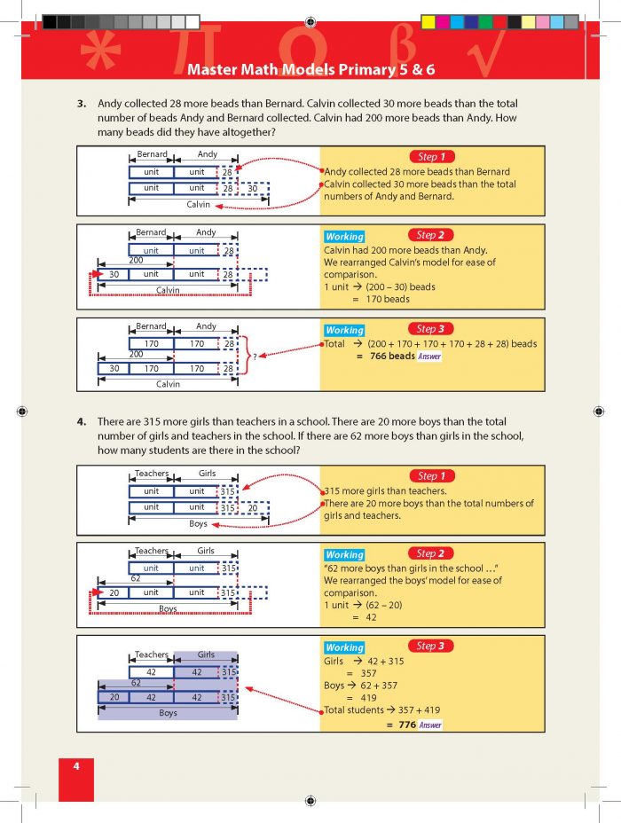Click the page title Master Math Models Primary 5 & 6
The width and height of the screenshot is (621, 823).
coord(310,68)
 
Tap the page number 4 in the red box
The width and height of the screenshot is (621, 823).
coord(76,766)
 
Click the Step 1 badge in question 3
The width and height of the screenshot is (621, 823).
coord(432,156)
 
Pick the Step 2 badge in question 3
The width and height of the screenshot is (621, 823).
coord(432,235)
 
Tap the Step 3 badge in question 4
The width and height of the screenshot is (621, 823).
coord(432,646)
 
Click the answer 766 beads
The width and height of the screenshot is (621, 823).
coord(391,356)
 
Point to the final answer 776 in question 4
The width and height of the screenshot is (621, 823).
coord(407,725)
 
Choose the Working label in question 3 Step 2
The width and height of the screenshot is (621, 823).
coord(344,237)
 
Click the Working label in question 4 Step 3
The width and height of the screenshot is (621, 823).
coord(344,647)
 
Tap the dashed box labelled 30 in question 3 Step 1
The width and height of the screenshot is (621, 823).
coord(252,188)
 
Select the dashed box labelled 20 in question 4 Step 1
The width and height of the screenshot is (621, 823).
coord(252,507)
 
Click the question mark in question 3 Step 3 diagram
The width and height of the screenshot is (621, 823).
coord(255,357)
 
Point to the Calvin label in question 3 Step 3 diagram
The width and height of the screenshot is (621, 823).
coord(168,384)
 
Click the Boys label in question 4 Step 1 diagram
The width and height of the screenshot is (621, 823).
coord(198,523)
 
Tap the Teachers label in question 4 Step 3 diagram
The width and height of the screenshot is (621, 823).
coord(152,654)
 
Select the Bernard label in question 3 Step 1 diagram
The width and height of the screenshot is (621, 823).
coord(151,155)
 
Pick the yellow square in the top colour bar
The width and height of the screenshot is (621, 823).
coord(428,21)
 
